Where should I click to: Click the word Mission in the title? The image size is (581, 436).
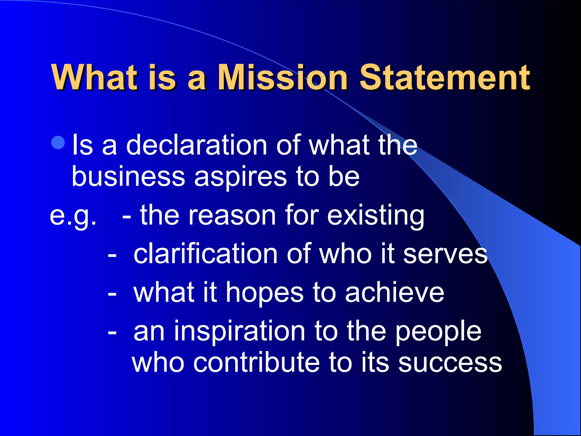[282, 77]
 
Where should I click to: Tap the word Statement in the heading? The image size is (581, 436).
[445, 77]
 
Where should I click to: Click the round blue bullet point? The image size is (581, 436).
[59, 143]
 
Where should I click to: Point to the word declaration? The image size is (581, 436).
[197, 145]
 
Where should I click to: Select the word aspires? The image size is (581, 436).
[240, 177]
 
